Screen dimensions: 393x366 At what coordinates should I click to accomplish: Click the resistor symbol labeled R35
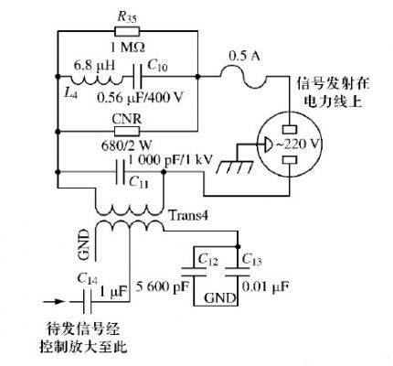[x=127, y=31]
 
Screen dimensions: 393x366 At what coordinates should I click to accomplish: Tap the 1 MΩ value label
[x=127, y=48]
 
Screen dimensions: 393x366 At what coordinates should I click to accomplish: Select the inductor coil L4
[x=97, y=81]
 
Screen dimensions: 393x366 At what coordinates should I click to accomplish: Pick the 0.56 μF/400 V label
[x=140, y=97]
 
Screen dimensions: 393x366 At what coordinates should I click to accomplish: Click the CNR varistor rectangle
[x=127, y=132]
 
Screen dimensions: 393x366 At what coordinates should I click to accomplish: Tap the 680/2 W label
[x=126, y=145]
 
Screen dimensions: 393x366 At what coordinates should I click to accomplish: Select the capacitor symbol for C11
[x=121, y=172]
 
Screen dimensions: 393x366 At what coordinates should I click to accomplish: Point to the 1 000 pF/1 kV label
[x=170, y=160]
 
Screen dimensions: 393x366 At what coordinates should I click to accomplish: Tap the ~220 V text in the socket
[x=299, y=144]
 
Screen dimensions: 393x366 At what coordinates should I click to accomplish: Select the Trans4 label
[x=188, y=216]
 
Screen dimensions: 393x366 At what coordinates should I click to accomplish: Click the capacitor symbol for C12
[x=194, y=272]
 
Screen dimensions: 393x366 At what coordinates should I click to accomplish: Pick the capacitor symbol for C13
[x=238, y=272]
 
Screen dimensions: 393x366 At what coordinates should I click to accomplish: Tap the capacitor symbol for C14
[x=87, y=302]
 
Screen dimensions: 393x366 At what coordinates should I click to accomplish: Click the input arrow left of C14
[x=54, y=302]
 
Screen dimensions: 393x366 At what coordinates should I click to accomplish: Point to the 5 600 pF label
[x=163, y=286]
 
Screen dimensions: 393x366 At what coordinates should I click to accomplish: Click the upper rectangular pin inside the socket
[x=290, y=129]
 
